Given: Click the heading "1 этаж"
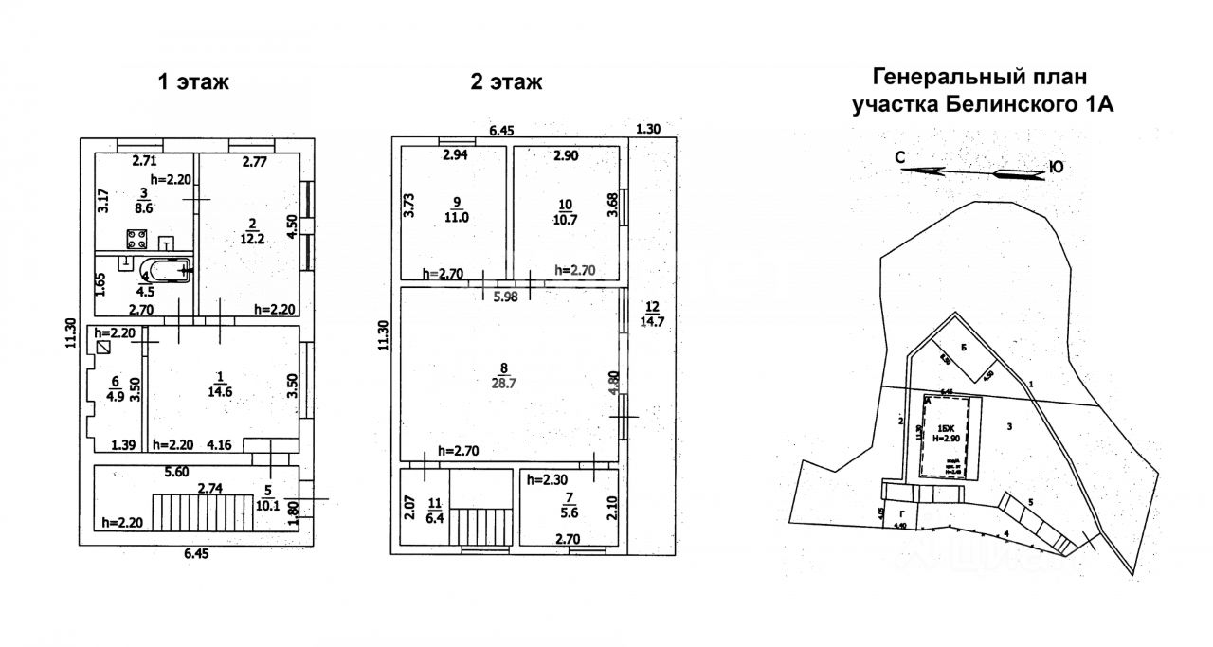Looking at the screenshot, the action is point(193,82).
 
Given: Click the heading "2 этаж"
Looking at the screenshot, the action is point(507,82).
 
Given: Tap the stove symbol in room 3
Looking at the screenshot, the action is point(136,240).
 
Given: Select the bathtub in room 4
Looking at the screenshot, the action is point(166,271).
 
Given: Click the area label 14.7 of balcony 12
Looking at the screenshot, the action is point(653,321).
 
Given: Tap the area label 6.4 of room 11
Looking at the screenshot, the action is point(434,519).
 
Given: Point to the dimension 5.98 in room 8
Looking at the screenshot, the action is point(505,296).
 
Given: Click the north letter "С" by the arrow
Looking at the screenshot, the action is point(901,159).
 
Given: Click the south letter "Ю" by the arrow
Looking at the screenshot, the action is point(1055,169).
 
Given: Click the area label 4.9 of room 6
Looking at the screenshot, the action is point(115,395).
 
